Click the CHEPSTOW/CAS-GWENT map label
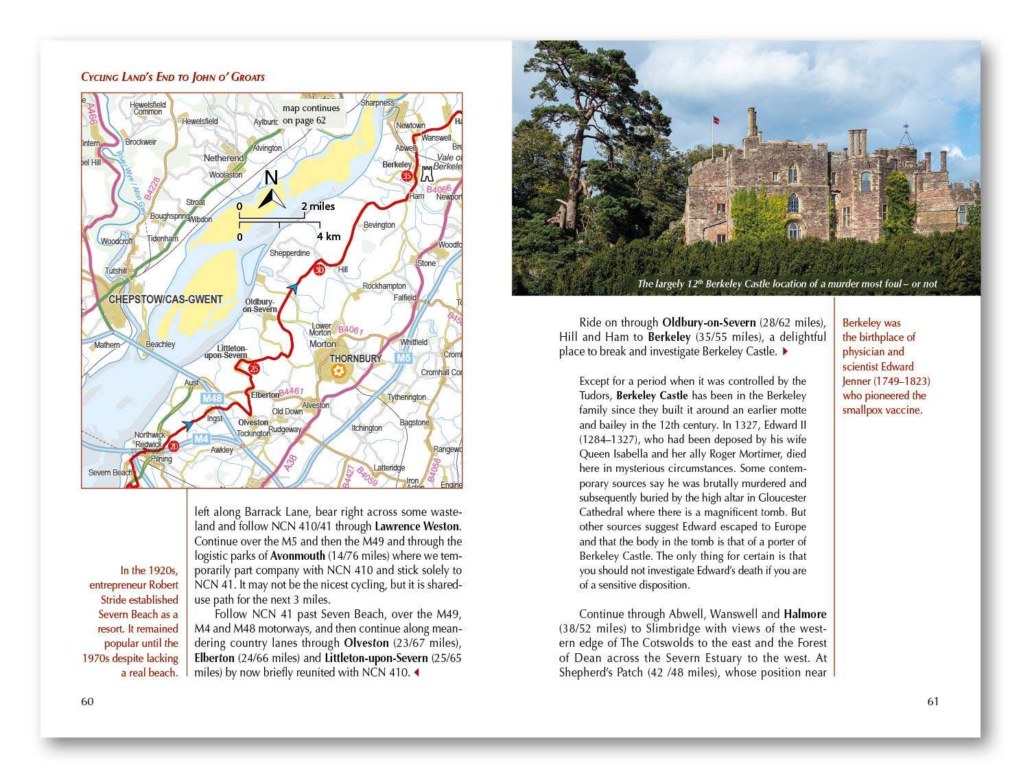(x=165, y=299)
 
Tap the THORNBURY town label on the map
(x=355, y=358)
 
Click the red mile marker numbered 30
(x=319, y=270)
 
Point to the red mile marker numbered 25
(x=255, y=368)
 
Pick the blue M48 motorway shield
(x=213, y=399)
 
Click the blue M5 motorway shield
(x=403, y=358)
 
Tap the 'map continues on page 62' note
(x=311, y=114)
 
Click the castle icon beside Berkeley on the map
(x=427, y=172)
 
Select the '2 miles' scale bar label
(x=318, y=206)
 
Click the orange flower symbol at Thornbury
(x=338, y=371)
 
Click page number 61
(x=932, y=701)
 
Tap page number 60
(x=87, y=701)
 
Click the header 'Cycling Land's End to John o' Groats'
(x=173, y=77)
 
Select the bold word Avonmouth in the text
(x=297, y=556)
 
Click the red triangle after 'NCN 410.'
(x=416, y=672)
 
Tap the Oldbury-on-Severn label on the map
(x=260, y=305)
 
